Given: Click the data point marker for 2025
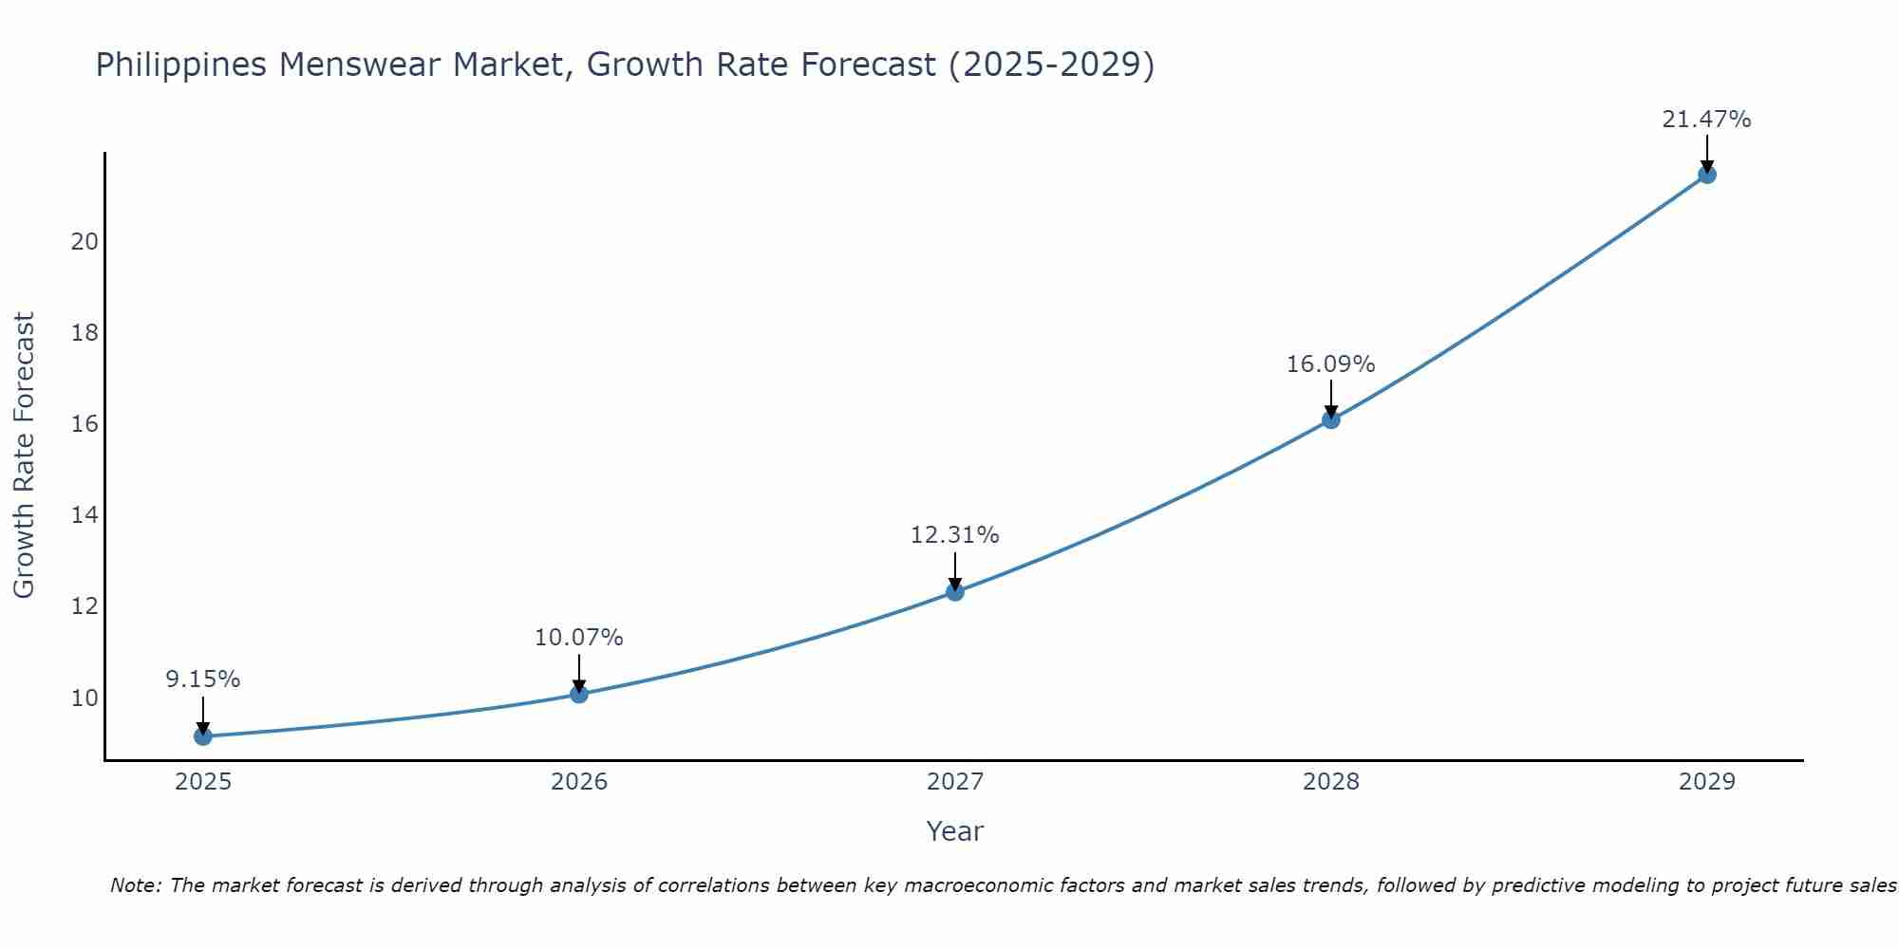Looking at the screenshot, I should click(x=202, y=736).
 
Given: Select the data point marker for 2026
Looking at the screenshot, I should click(x=579, y=694).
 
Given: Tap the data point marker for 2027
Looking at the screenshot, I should click(x=955, y=592).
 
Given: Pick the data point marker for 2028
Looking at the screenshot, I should click(x=1331, y=419).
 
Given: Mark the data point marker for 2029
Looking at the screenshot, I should click(x=1707, y=175).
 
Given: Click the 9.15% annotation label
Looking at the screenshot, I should click(x=202, y=679).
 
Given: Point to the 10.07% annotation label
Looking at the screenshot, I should click(x=579, y=638).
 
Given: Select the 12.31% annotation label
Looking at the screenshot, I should click(x=955, y=535).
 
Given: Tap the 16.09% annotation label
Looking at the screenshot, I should click(x=1331, y=364).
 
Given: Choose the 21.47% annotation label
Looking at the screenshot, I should click(x=1707, y=120).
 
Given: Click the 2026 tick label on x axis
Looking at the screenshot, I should click(x=579, y=782).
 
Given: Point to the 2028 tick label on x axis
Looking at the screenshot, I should click(x=1331, y=782).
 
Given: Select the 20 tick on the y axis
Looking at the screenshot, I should click(x=85, y=242).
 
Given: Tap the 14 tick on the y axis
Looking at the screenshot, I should click(x=85, y=515).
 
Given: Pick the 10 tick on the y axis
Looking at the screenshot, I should click(x=85, y=698).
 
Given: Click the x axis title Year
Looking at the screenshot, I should click(x=955, y=831).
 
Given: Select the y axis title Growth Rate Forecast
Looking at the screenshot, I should click(x=25, y=456).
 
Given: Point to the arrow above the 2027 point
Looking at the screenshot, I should click(x=955, y=571).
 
